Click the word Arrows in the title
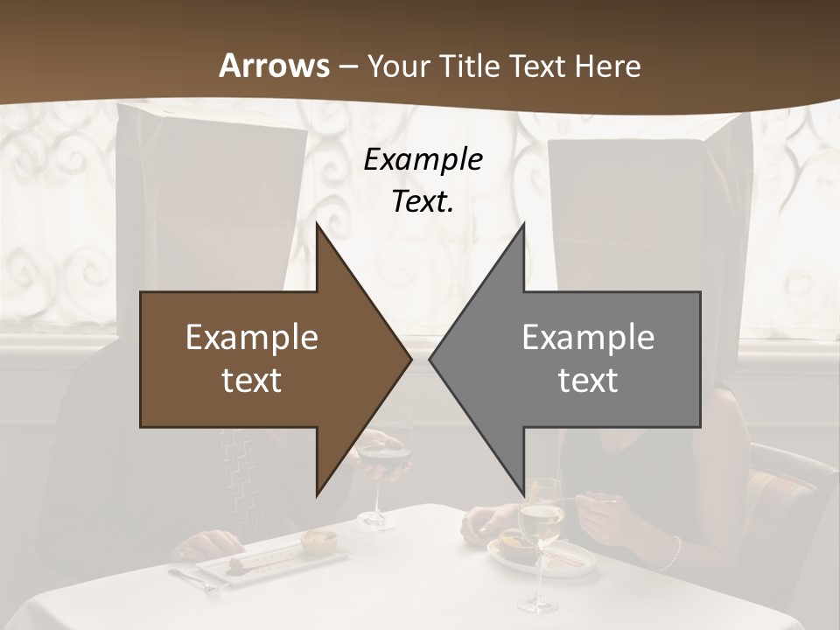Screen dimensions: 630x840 pyautogui.click(x=274, y=66)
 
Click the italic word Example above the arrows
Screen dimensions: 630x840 pyautogui.click(x=423, y=160)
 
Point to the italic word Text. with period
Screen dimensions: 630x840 pyautogui.click(x=423, y=201)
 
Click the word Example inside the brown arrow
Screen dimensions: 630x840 pyautogui.click(x=252, y=338)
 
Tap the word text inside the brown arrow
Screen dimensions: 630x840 pyautogui.click(x=252, y=380)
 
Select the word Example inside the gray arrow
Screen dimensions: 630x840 pyautogui.click(x=588, y=338)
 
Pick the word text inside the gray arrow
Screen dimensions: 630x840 pyautogui.click(x=588, y=380)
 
